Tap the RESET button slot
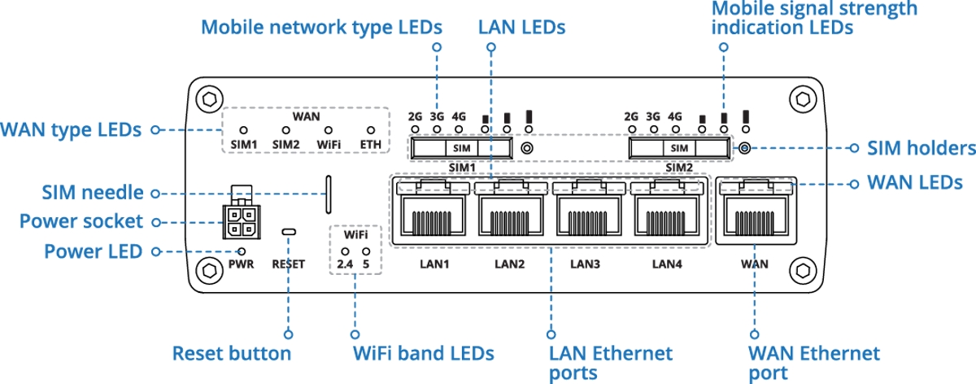pos(289,232)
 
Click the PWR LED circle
pos(242,251)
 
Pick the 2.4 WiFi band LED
pos(345,251)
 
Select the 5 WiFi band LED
pos(366,251)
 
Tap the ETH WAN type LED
pos(371,130)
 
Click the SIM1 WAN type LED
pos(243,130)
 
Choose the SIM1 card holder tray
pos(461,148)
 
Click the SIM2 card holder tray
pos(679,148)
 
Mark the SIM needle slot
pos(329,194)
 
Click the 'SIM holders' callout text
pos(922,148)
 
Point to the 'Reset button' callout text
pos(232,353)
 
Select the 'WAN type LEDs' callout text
pos(71,130)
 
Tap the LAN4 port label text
pos(667,264)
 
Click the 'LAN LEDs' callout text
pos(521,28)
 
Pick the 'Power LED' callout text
pos(94,251)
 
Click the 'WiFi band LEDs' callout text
pos(424,353)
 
